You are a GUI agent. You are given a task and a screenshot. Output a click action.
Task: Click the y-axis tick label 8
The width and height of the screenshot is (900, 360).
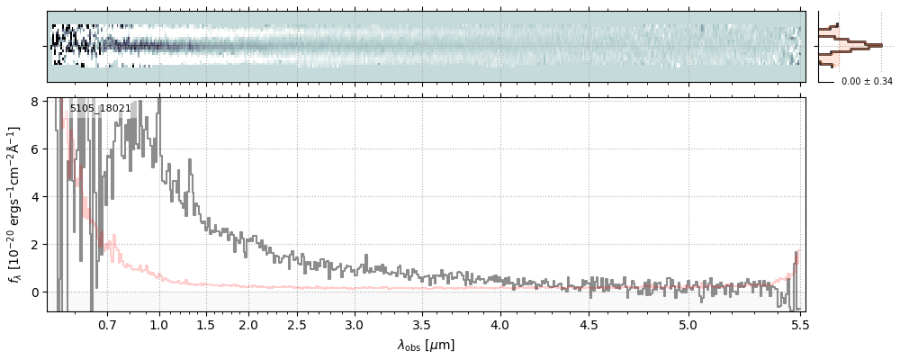(35, 102)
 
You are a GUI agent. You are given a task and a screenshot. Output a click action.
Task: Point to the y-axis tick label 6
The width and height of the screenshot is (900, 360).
(35, 149)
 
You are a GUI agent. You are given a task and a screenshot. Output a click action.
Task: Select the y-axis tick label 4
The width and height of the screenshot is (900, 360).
(35, 197)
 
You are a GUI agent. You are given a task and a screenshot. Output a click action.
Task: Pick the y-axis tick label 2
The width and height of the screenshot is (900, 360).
(35, 245)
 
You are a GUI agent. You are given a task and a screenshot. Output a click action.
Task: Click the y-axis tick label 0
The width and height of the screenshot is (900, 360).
(35, 292)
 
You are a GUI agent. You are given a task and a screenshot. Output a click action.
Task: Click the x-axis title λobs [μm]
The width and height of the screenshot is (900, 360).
(426, 345)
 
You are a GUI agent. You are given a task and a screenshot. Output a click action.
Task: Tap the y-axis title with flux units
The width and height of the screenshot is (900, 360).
(15, 204)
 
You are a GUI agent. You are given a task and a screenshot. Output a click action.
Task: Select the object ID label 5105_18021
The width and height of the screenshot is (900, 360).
(100, 109)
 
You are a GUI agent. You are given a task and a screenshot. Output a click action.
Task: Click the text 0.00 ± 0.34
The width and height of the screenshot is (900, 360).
(867, 82)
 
